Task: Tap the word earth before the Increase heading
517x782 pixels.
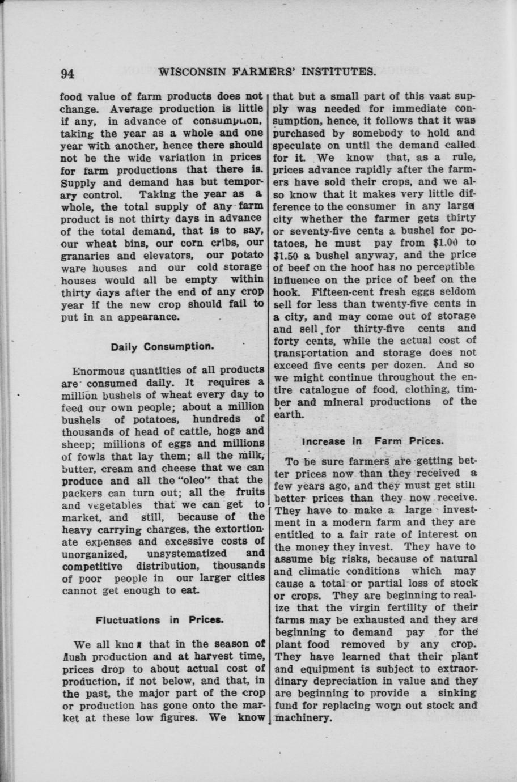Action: [288, 414]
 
